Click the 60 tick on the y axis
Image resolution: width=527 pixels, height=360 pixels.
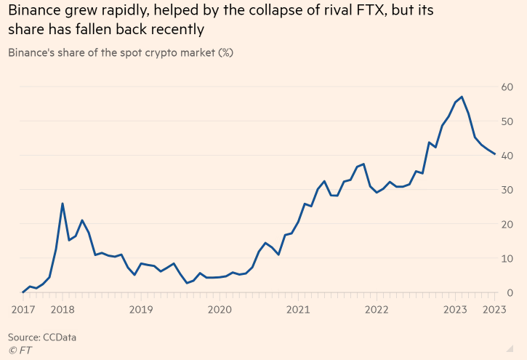(x=507, y=87)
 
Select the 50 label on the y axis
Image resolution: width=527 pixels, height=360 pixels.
(x=507, y=121)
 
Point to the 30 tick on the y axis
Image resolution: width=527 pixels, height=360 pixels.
(x=507, y=190)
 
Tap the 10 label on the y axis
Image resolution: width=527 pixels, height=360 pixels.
(x=507, y=258)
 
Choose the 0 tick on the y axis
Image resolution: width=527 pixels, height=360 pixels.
(x=510, y=292)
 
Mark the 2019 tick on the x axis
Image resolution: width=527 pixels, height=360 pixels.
(x=141, y=309)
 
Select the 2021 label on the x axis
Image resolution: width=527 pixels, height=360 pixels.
(x=299, y=309)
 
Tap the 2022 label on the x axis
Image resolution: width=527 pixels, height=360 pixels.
(x=377, y=309)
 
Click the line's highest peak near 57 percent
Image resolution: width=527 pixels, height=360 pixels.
(x=462, y=97)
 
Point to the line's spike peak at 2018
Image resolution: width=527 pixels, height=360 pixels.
(x=63, y=204)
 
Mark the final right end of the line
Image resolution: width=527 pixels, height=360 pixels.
(x=495, y=154)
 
